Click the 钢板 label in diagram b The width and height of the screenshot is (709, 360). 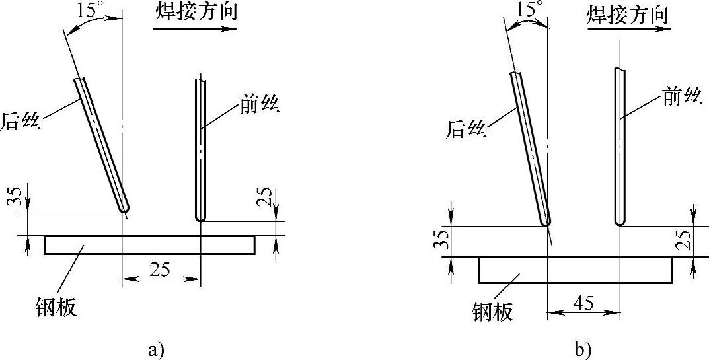[493, 311]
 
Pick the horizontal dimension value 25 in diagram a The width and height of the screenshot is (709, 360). [161, 270]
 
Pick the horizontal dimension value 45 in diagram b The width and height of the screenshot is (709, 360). [582, 302]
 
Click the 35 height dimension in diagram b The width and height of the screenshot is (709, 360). [441, 241]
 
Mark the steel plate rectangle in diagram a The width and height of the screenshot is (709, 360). [149, 244]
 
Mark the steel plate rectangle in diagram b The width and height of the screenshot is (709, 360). [575, 270]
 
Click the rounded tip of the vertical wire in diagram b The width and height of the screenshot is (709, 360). [619, 221]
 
